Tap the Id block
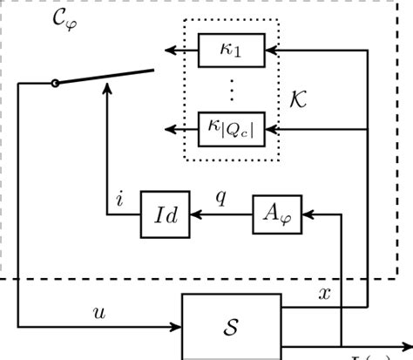tap(165, 212)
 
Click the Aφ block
tap(278, 212)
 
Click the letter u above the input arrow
tap(97, 311)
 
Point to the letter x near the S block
tap(325, 293)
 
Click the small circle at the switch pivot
tap(57, 83)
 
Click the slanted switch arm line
tap(105, 75)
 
